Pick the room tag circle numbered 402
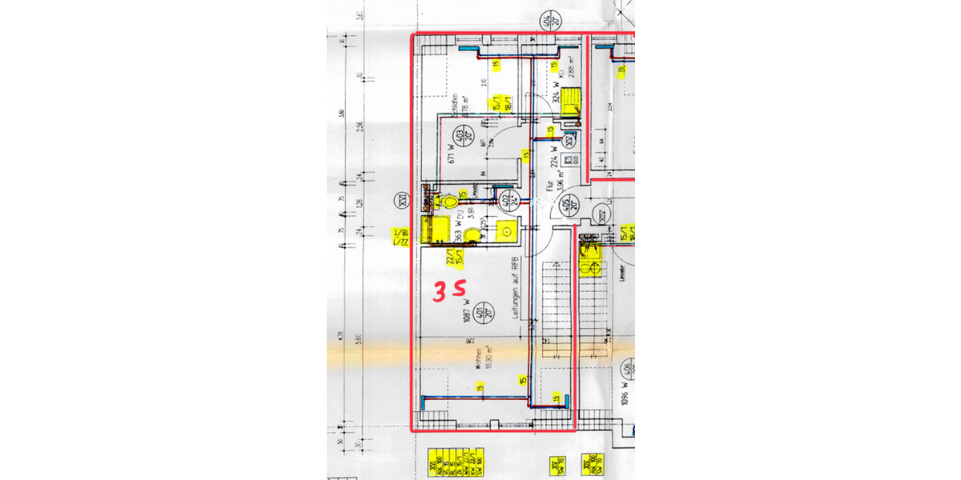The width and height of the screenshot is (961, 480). (505, 200)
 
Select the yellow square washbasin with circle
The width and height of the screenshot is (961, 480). (507, 231)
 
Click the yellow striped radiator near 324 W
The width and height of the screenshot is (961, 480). (570, 102)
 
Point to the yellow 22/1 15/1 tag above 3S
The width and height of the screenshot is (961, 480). (450, 256)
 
